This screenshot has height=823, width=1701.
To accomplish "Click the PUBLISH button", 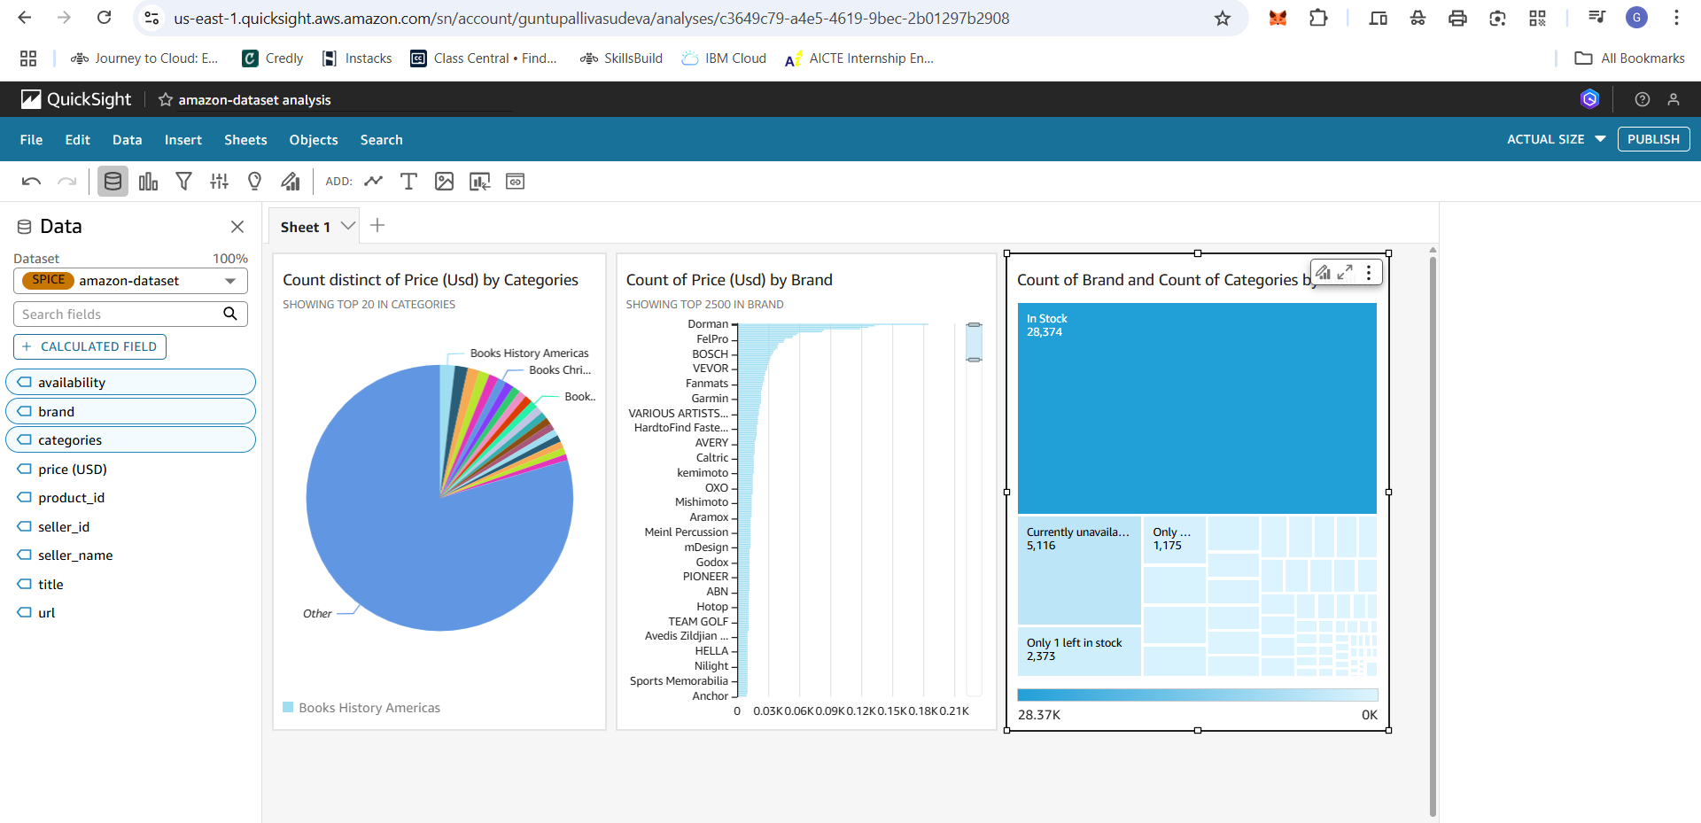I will click(1653, 139).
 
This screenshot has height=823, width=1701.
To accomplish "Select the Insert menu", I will click(183, 140).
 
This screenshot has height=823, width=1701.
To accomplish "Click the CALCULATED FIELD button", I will click(89, 346).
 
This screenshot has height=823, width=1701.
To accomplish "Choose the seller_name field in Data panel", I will click(75, 555).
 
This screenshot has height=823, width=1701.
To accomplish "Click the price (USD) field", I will click(72, 470).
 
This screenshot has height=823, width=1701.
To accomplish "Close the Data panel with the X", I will click(237, 227).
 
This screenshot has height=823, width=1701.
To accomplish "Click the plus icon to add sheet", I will click(377, 226).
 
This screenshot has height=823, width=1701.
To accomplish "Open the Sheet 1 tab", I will click(306, 227).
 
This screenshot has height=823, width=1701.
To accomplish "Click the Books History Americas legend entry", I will click(369, 708).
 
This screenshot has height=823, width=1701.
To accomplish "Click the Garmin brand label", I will click(710, 399).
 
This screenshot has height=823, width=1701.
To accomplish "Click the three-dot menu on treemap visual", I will click(1369, 273).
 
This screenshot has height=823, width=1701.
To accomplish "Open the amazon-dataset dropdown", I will click(130, 281).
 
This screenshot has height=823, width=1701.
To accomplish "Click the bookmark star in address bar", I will click(1223, 19).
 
